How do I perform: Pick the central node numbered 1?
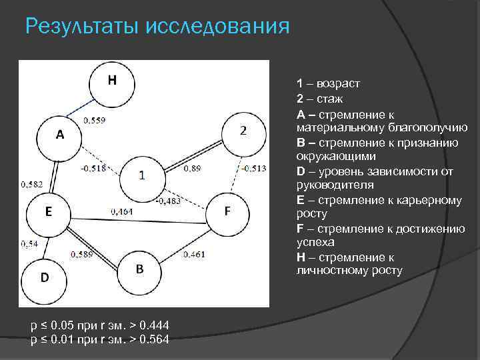(x=142, y=176)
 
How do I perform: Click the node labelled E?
(x=49, y=213)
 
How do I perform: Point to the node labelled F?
(x=227, y=212)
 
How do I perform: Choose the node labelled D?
(x=44, y=277)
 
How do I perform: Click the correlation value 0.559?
(x=93, y=120)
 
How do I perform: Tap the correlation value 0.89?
(x=191, y=168)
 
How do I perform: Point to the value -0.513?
(x=254, y=168)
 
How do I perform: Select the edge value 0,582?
(x=32, y=183)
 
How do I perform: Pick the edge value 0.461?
(x=193, y=254)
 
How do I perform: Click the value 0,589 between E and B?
(x=81, y=254)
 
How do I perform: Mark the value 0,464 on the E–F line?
(x=121, y=211)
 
